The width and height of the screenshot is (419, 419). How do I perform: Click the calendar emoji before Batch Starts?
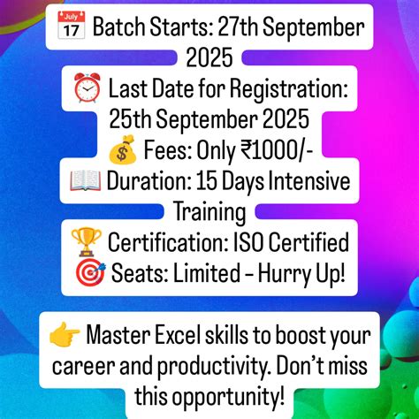[x=74, y=27]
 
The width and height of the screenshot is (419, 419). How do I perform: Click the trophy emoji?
[x=86, y=240]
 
